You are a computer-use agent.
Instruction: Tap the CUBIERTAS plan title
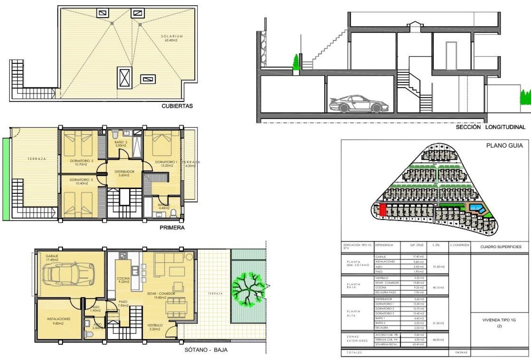177,107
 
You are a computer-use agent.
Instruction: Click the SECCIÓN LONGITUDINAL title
490,127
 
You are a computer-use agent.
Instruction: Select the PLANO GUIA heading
504,146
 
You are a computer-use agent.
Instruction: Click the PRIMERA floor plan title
172,228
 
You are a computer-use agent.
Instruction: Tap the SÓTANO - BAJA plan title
204,351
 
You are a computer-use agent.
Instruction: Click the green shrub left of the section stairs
296,63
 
